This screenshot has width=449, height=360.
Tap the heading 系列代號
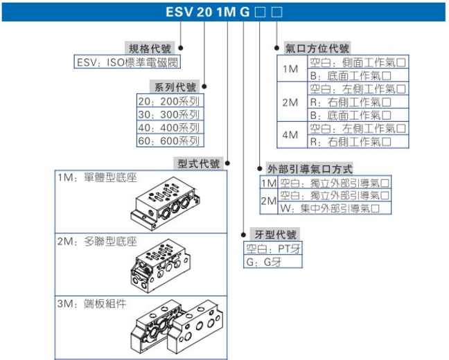174,87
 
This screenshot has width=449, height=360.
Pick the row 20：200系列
170,101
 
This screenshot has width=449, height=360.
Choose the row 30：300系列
170,114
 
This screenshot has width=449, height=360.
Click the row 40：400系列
170,127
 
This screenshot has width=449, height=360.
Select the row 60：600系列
170,141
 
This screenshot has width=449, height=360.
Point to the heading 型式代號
198,164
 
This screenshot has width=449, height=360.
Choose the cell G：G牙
263,262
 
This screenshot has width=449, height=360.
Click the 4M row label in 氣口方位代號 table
290,135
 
